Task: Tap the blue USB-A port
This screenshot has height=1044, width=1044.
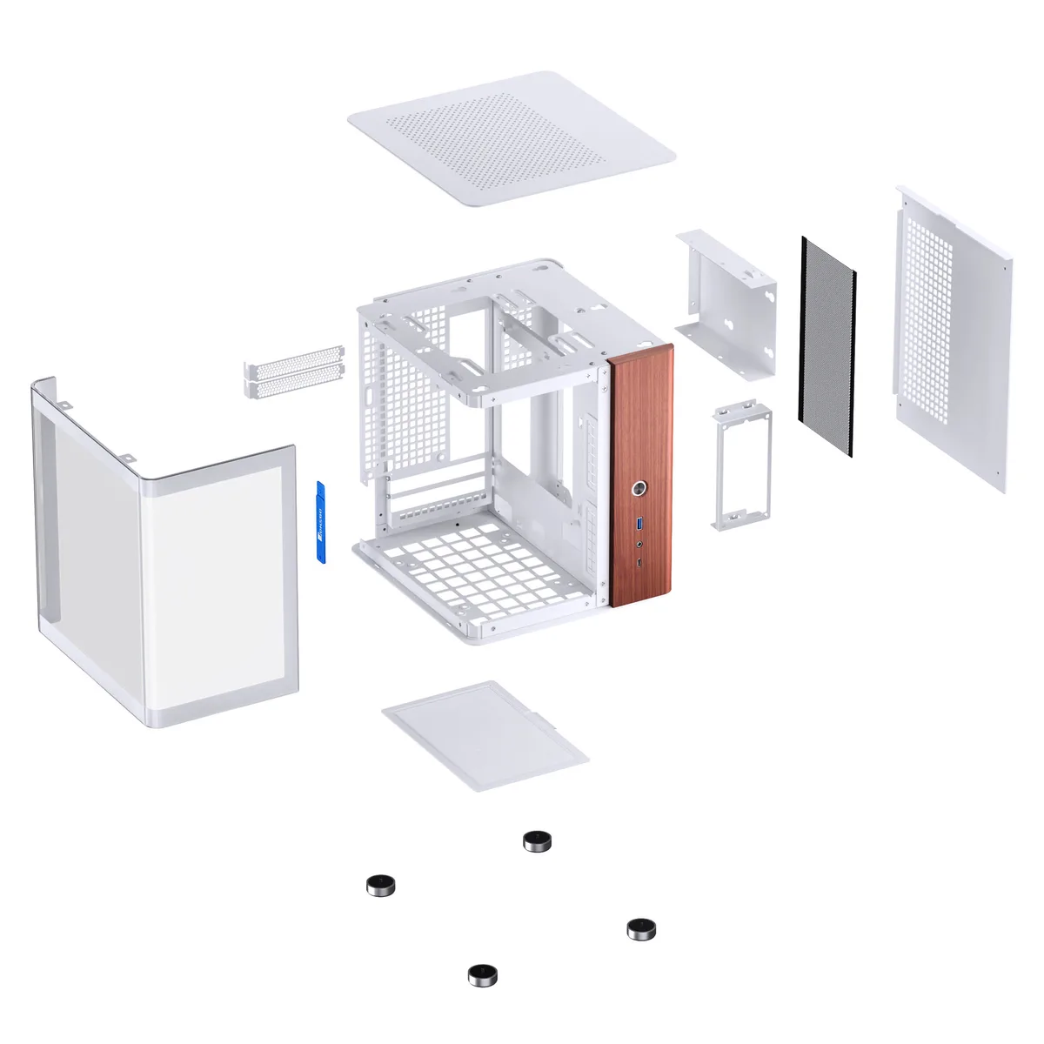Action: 642,523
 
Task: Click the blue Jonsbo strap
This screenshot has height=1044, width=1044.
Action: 319,521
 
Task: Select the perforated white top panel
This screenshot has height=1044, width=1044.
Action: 511,139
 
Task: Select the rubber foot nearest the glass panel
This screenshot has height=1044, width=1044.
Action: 380,886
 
